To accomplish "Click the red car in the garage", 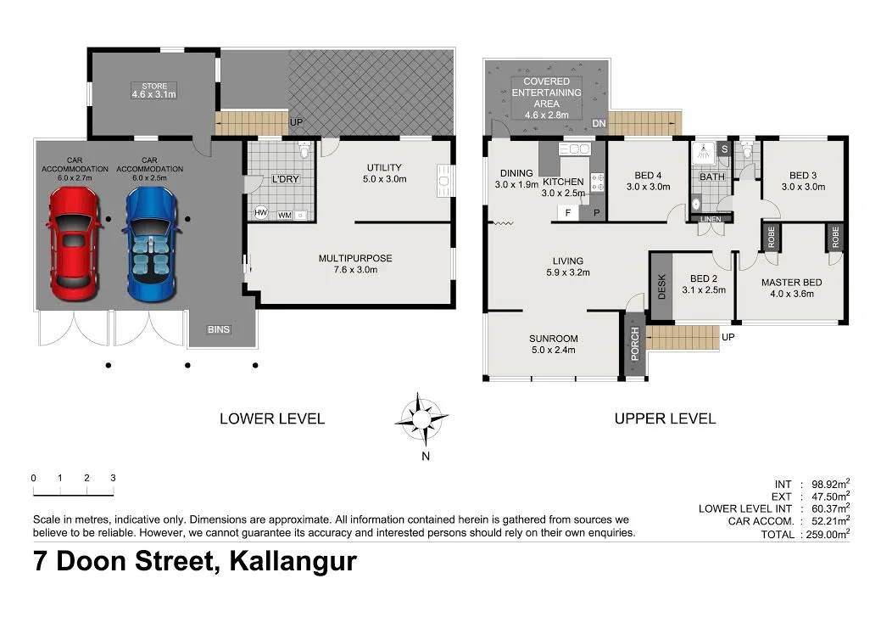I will click(x=75, y=244).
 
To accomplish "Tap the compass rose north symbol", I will click(x=422, y=418).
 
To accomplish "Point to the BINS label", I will click(x=219, y=329).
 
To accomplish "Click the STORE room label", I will click(x=153, y=87).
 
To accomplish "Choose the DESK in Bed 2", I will click(x=662, y=286).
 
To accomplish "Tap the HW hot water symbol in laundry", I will click(x=261, y=213).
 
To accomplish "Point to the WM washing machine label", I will click(x=284, y=215).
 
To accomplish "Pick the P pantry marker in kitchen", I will click(x=596, y=212).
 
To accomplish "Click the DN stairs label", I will click(x=599, y=124).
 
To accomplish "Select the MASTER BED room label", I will click(x=787, y=283).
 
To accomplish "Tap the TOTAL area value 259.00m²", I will click(x=827, y=535).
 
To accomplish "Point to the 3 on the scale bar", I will click(x=112, y=478).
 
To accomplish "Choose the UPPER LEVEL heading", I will click(x=665, y=418).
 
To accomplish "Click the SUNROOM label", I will click(x=552, y=337).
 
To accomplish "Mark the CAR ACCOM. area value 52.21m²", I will click(x=827, y=521).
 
